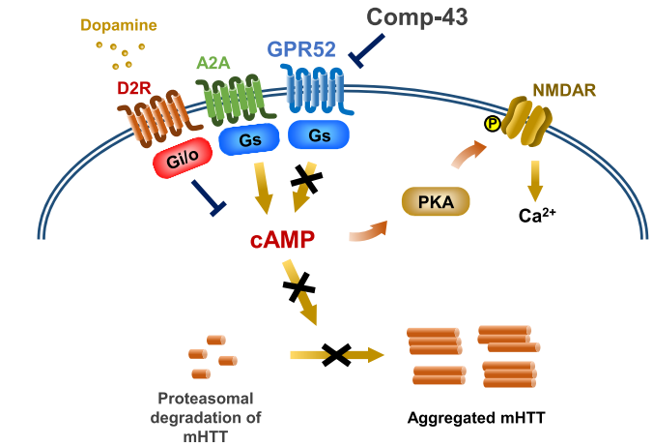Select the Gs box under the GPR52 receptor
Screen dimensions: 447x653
pyautogui.click(x=320, y=136)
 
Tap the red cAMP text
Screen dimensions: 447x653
pyautogui.click(x=275, y=239)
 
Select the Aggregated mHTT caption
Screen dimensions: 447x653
pyautogui.click(x=470, y=419)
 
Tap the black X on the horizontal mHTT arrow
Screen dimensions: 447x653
pyautogui.click(x=335, y=355)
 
